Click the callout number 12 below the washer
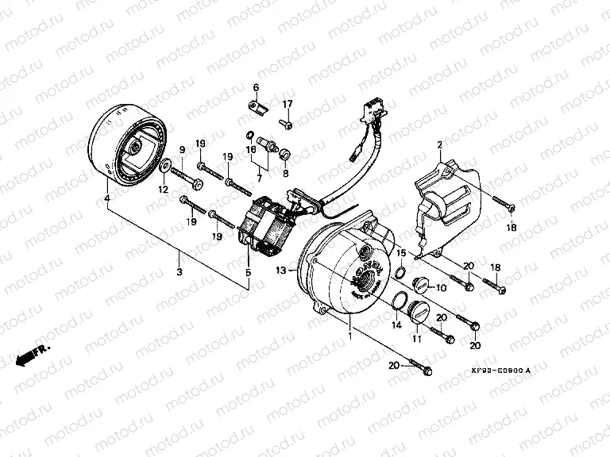click(162, 189)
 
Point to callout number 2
click(438, 144)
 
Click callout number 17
click(288, 104)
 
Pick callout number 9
click(181, 150)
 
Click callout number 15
click(402, 253)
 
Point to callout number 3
click(180, 272)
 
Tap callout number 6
click(257, 86)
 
